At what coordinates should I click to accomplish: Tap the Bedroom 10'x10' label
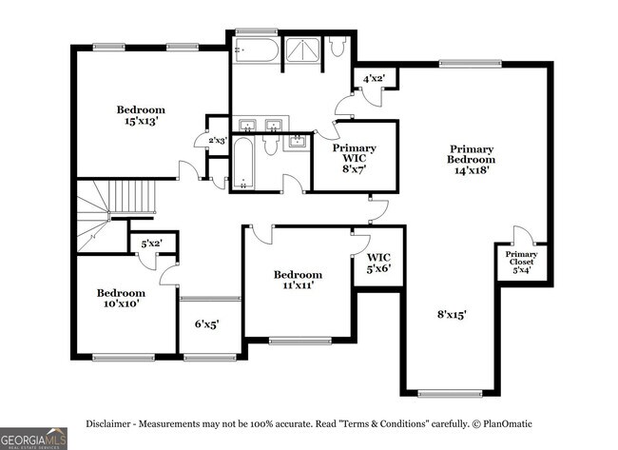pyautogui.click(x=121, y=298)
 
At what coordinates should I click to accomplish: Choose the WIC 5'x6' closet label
pyautogui.click(x=378, y=263)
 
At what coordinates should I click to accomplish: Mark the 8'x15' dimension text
pyautogui.click(x=452, y=313)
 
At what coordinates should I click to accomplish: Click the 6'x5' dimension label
pyautogui.click(x=207, y=323)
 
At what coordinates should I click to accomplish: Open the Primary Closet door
pyautogui.click(x=521, y=235)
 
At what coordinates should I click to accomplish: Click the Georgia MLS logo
pyautogui.click(x=34, y=439)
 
